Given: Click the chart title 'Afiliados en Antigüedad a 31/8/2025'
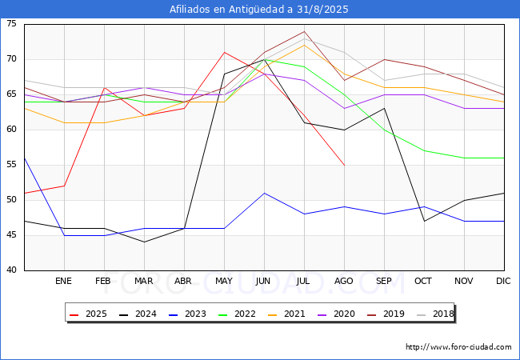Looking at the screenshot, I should pos(259,10).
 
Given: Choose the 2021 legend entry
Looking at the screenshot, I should pos(290,314).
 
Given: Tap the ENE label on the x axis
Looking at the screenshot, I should pos(64,282).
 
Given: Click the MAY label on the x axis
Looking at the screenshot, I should pos(224,282).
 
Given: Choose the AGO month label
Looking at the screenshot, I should pos(344,282).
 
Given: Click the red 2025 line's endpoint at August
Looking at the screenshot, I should pos(344,165).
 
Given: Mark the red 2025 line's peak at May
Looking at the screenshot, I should pos(224,52).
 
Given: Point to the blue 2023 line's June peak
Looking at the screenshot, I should pos(264,193).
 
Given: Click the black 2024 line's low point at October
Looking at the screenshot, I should pos(424,221).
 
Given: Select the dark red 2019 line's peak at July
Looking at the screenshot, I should pos(304,31).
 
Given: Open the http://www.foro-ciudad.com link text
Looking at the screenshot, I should pos(458,347).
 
